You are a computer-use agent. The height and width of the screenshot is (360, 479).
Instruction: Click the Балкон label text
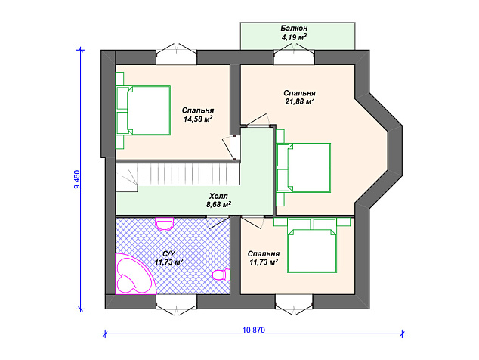tap(294, 29)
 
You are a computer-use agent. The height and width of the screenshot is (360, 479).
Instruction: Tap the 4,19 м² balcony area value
tap(294, 37)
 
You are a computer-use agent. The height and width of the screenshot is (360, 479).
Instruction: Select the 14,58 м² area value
tap(198, 119)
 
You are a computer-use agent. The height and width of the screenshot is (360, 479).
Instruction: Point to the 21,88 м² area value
tap(300, 101)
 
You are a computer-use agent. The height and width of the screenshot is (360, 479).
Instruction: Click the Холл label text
tap(218, 196)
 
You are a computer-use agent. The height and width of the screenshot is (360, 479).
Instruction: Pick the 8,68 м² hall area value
tap(218, 204)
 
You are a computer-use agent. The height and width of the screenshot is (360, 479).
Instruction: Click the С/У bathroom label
tap(168, 254)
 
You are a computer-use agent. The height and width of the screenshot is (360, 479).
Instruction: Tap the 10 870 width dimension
tap(254, 330)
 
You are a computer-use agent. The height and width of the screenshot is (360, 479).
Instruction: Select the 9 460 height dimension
tap(76, 179)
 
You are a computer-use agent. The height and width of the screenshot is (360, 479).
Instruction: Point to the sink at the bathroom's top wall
tap(165, 224)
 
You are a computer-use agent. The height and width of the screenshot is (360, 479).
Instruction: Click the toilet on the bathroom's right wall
tap(221, 275)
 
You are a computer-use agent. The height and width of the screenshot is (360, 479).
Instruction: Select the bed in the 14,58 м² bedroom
tap(143, 110)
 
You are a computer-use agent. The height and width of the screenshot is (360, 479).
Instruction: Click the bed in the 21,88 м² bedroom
tap(304, 168)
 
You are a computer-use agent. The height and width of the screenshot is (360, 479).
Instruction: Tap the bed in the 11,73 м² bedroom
tap(311, 245)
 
